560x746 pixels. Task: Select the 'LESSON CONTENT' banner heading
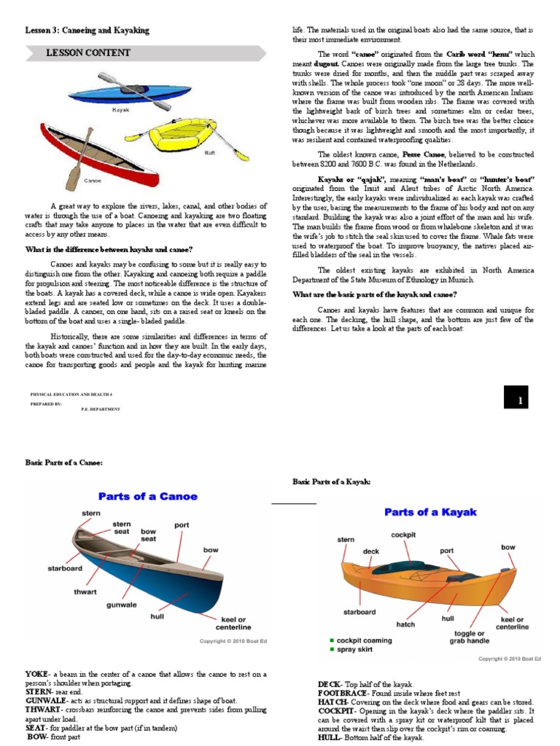(88, 53)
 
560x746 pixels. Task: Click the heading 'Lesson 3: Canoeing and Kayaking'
(87, 31)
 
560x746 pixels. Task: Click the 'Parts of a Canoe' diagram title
(149, 496)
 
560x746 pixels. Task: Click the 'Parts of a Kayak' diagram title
(430, 511)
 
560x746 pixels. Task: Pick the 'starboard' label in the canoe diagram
(65, 568)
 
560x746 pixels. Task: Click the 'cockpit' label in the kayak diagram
(403, 534)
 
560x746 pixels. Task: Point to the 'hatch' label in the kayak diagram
(405, 624)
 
